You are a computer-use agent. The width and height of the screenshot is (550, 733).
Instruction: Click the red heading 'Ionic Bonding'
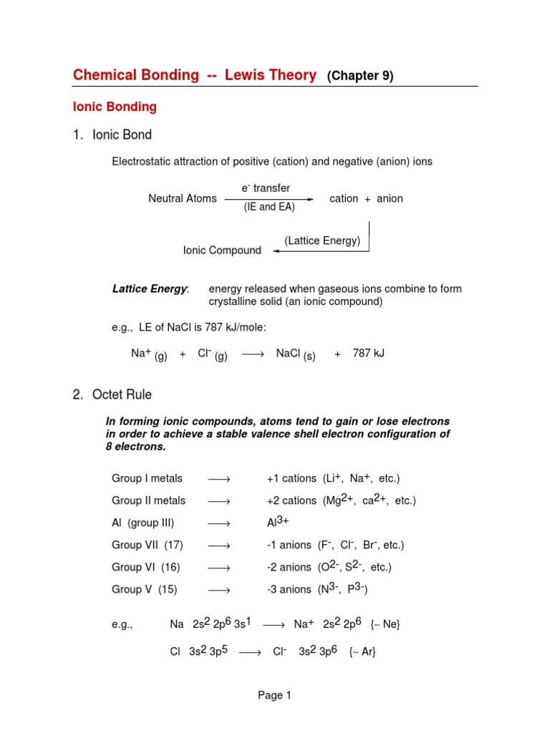(x=115, y=107)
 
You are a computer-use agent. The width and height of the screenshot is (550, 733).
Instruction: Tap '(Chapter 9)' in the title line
(x=360, y=76)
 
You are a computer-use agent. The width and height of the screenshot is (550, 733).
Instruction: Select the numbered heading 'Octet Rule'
(x=122, y=394)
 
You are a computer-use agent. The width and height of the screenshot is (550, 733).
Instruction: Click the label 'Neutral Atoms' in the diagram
(x=182, y=198)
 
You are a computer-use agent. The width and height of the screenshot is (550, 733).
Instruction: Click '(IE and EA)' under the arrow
(x=269, y=208)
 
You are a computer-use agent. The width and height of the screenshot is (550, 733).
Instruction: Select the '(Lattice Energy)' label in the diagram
(x=322, y=241)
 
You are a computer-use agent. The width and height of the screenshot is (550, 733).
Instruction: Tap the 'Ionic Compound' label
(x=222, y=251)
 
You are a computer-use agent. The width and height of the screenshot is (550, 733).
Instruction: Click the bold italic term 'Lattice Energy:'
(x=150, y=289)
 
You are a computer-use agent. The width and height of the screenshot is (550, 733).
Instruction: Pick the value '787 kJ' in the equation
(x=369, y=354)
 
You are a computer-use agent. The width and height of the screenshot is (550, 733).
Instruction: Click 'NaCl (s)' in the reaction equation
(x=295, y=354)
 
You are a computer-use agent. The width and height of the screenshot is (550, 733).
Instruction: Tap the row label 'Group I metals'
(x=147, y=478)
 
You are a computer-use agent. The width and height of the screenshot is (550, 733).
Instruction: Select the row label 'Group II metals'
(x=148, y=500)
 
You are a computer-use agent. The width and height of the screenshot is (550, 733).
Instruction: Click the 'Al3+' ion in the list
(x=277, y=522)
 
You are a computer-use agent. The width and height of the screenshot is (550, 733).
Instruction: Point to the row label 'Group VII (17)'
(x=148, y=545)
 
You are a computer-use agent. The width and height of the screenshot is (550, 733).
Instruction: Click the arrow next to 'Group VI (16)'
(x=219, y=568)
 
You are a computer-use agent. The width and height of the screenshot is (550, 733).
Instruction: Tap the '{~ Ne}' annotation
(x=385, y=625)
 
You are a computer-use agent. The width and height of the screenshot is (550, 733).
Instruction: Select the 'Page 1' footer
(x=275, y=695)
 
